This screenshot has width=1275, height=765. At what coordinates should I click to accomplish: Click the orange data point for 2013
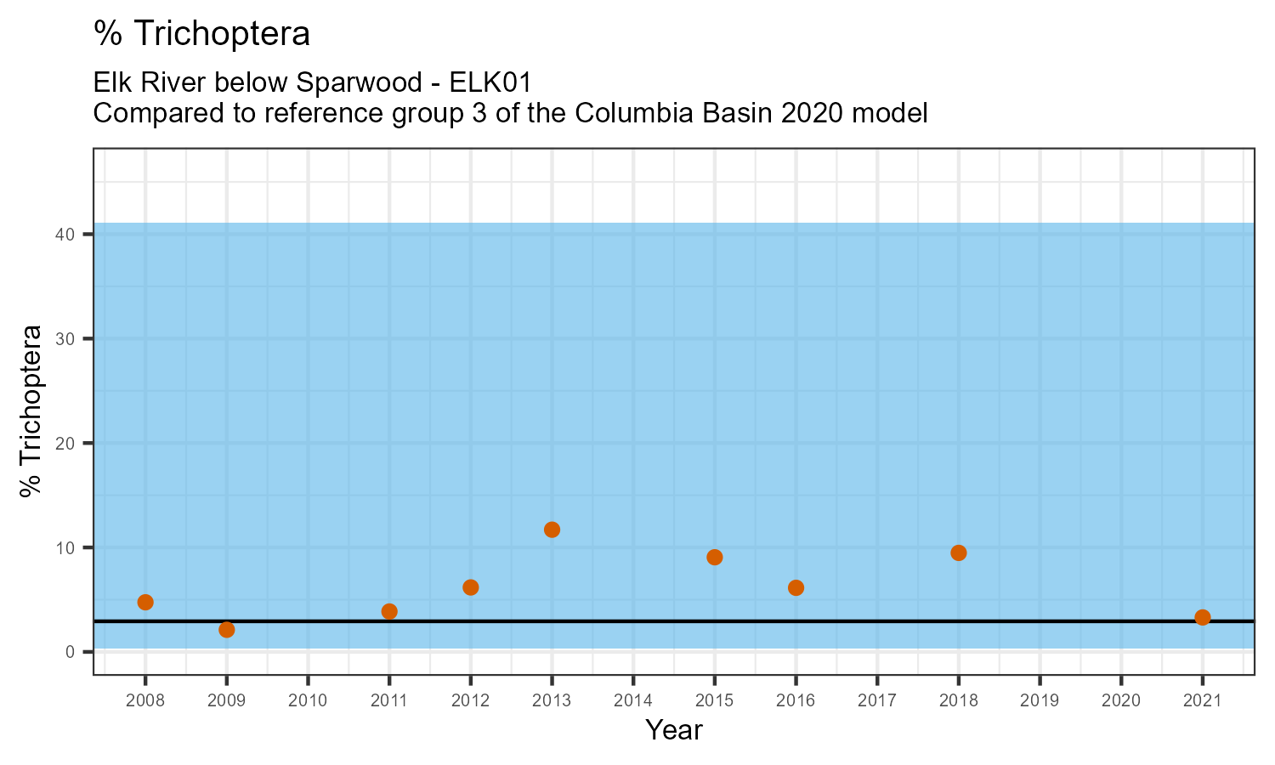tap(552, 530)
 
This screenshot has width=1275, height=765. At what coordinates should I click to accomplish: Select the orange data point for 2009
tap(226, 629)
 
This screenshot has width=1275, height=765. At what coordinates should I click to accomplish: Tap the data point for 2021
tap(1202, 617)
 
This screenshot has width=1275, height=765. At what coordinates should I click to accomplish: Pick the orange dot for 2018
tap(958, 552)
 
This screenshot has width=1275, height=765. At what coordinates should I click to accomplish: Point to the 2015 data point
tap(714, 557)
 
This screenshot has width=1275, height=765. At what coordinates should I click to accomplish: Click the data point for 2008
tap(145, 602)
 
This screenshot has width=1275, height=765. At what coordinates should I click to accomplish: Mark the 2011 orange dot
tap(389, 611)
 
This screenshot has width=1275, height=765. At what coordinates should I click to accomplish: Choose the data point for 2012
tap(470, 587)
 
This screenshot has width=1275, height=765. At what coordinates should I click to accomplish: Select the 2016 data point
tap(796, 587)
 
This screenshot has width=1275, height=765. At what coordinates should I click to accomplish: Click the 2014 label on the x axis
tap(633, 701)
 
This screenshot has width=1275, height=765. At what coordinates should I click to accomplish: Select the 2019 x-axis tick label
tap(1040, 701)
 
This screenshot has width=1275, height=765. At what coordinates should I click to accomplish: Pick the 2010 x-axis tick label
tap(308, 701)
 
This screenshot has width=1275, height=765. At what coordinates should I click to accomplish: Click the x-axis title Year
tap(674, 730)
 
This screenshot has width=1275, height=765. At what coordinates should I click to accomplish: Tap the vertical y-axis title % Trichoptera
tap(31, 411)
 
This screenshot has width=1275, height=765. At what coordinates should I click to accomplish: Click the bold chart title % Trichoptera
tap(201, 34)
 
